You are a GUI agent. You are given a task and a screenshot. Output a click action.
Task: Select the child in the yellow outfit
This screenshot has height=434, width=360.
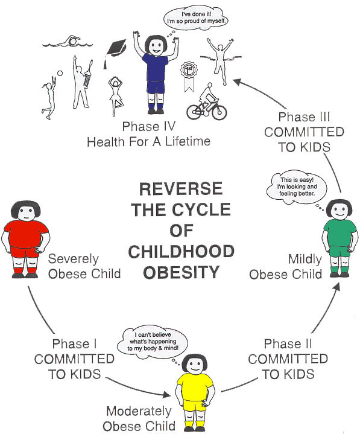195,392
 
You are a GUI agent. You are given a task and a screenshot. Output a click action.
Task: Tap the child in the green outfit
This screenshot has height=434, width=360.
339,238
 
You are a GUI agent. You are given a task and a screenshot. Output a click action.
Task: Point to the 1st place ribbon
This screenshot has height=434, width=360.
189,77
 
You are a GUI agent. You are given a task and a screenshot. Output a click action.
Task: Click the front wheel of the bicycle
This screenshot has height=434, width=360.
218,112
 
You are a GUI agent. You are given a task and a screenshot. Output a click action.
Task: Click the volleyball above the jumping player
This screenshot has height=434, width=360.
60,74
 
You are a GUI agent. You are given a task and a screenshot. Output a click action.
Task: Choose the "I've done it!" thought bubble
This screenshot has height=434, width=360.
197,18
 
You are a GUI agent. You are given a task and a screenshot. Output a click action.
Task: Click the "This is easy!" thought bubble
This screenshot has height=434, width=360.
297,187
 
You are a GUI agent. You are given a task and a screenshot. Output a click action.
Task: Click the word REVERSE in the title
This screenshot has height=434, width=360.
181,189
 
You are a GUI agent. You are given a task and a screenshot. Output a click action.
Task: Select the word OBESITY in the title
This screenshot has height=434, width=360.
182,272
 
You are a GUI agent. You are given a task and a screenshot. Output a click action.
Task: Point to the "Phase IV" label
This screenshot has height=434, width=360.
149,126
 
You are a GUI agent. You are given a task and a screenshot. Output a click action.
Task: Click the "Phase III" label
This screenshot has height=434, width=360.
304,117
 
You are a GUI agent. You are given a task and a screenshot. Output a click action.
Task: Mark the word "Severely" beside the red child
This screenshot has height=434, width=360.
74,259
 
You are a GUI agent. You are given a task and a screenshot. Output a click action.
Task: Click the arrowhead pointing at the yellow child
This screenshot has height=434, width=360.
166,394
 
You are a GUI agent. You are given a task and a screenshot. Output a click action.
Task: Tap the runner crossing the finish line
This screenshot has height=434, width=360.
220,62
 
